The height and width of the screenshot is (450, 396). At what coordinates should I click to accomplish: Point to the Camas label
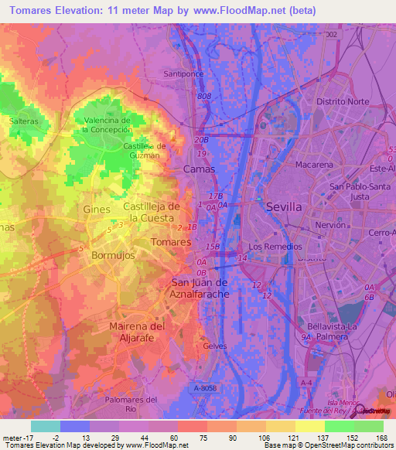(x=200, y=168)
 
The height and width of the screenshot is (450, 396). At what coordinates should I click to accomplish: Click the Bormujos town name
(x=114, y=254)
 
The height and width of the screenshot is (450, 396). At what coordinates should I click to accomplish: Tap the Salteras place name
(x=24, y=121)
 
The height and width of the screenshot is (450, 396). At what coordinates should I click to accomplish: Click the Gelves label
(x=214, y=346)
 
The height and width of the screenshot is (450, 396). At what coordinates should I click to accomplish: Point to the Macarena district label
(x=313, y=165)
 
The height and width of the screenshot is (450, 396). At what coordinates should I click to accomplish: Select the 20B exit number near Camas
(x=201, y=140)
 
